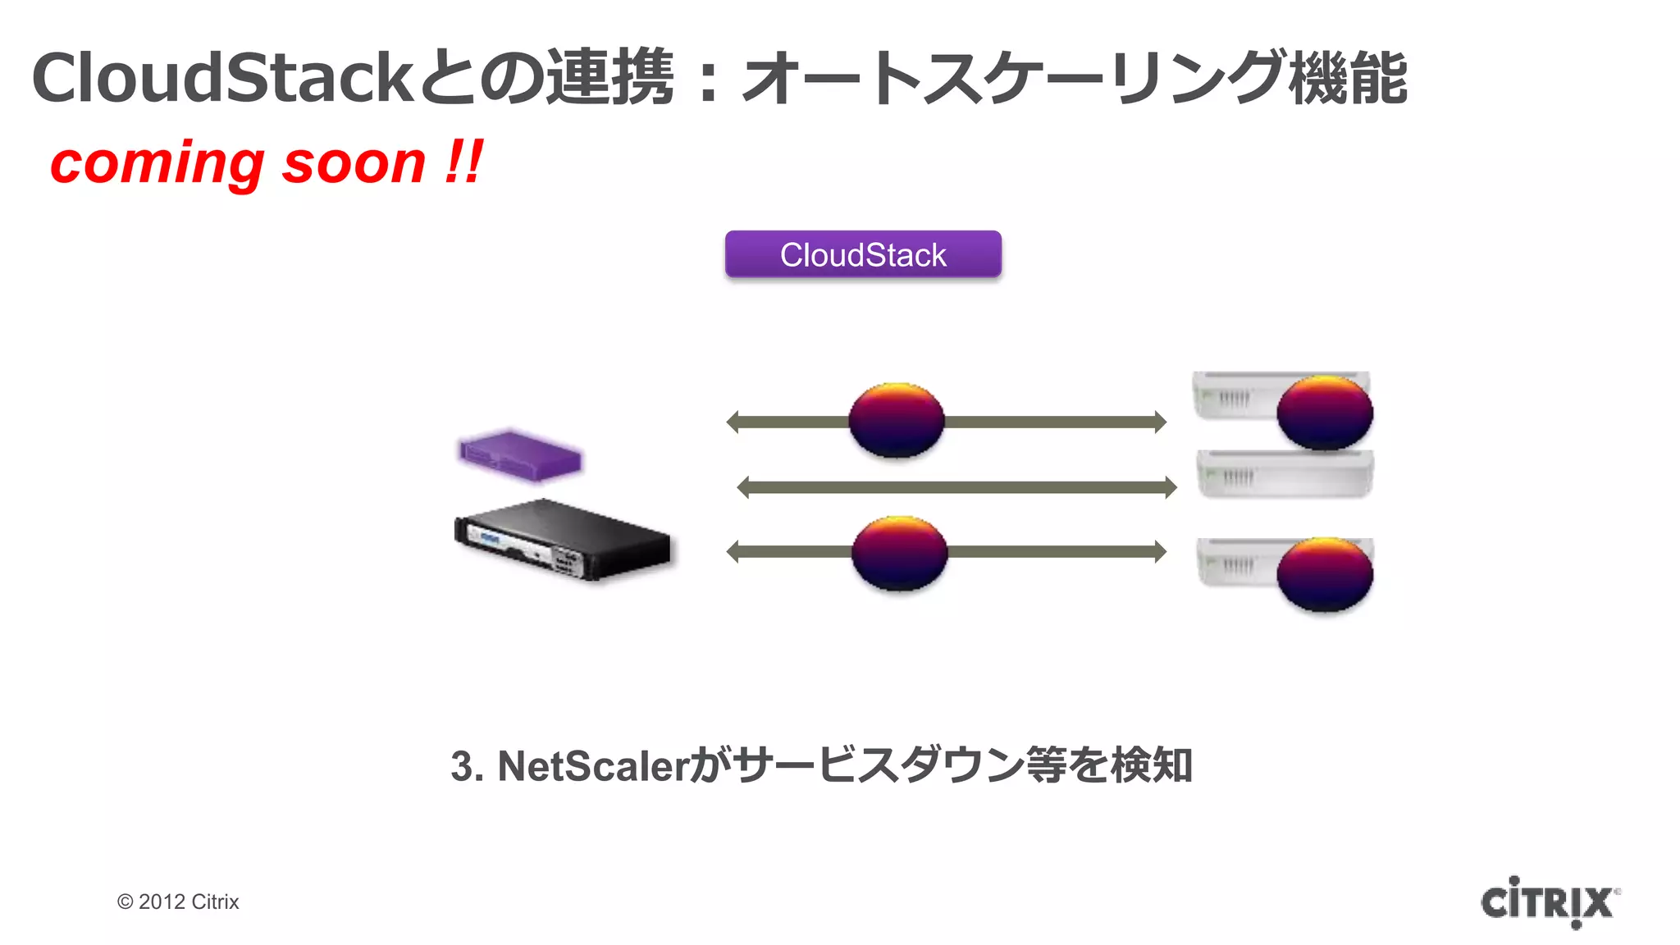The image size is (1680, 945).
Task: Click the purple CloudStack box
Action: [x=863, y=254]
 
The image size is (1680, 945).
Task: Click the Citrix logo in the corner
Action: [x=1549, y=902]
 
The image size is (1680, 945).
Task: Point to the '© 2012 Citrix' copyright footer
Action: [x=178, y=902]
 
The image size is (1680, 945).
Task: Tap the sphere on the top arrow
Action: [x=897, y=420]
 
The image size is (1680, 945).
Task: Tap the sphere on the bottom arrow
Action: [x=900, y=553]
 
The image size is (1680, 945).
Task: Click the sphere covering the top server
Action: [x=1325, y=412]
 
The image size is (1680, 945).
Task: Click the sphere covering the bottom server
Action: [x=1325, y=574]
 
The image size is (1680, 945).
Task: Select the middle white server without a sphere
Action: [x=1284, y=473]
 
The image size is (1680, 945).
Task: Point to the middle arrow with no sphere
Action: [x=956, y=488]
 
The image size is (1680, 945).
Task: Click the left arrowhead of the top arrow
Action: [x=733, y=422]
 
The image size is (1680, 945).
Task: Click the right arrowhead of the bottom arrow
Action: [x=1160, y=552]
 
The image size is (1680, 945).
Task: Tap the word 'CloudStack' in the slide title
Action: [x=221, y=78]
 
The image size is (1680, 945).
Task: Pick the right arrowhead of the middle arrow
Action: [x=1171, y=488]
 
